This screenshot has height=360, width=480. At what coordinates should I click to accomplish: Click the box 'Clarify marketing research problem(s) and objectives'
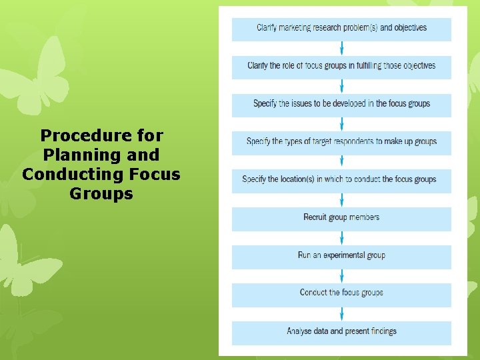(x=341, y=29)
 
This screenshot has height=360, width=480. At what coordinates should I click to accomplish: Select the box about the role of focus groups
(x=341, y=67)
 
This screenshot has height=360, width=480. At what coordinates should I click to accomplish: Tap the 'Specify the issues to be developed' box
(x=341, y=105)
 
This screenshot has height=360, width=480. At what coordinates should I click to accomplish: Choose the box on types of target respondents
(x=341, y=142)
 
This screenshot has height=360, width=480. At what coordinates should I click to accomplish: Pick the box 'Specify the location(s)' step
(x=341, y=180)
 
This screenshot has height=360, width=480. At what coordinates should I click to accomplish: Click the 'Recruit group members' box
(x=341, y=218)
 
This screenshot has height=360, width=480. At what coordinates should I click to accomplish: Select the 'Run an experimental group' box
(x=341, y=256)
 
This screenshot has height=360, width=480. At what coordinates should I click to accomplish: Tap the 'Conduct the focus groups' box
(x=341, y=293)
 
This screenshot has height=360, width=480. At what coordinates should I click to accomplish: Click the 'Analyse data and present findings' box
(x=341, y=332)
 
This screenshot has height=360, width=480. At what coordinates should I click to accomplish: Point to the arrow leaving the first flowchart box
(x=342, y=48)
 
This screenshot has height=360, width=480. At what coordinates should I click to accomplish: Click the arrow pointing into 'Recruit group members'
(x=342, y=199)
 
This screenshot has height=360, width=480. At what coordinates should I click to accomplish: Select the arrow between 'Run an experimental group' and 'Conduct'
(x=342, y=275)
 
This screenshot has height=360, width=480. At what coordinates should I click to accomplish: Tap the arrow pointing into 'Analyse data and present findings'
(x=342, y=313)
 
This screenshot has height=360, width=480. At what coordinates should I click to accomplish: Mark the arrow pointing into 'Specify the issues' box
(x=342, y=86)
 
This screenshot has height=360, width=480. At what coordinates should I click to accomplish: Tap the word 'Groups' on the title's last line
(x=101, y=194)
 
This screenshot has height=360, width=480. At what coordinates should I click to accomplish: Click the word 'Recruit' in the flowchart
(x=317, y=217)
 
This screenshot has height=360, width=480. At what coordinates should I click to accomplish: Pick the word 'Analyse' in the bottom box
(x=301, y=331)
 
